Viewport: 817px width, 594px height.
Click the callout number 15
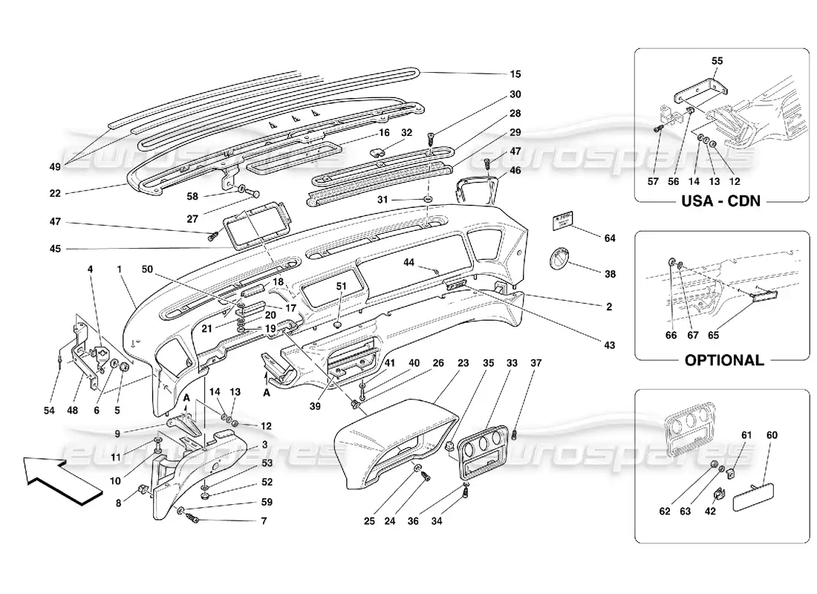click(515, 74)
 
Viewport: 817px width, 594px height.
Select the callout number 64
click(610, 238)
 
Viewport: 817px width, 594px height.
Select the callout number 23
click(463, 364)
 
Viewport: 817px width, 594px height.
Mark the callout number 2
click(608, 306)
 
